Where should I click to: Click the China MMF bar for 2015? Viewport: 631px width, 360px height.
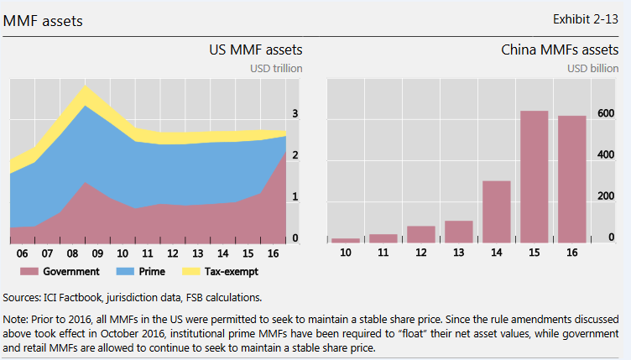click(x=534, y=177)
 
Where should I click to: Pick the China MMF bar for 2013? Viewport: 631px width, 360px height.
click(x=459, y=232)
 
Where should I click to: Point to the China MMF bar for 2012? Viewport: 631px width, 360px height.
click(x=421, y=234)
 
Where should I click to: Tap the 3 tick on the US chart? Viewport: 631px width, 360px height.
click(x=294, y=114)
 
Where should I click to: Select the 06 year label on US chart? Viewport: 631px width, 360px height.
click(x=23, y=253)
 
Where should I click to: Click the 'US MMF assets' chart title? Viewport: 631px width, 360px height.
click(x=255, y=50)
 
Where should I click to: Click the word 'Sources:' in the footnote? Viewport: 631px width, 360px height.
click(x=24, y=296)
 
